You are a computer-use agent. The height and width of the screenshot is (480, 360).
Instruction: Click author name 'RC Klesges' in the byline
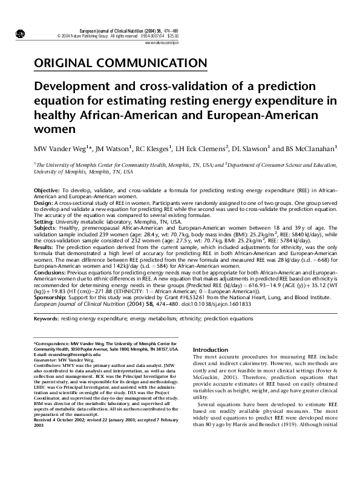(x=149, y=148)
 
